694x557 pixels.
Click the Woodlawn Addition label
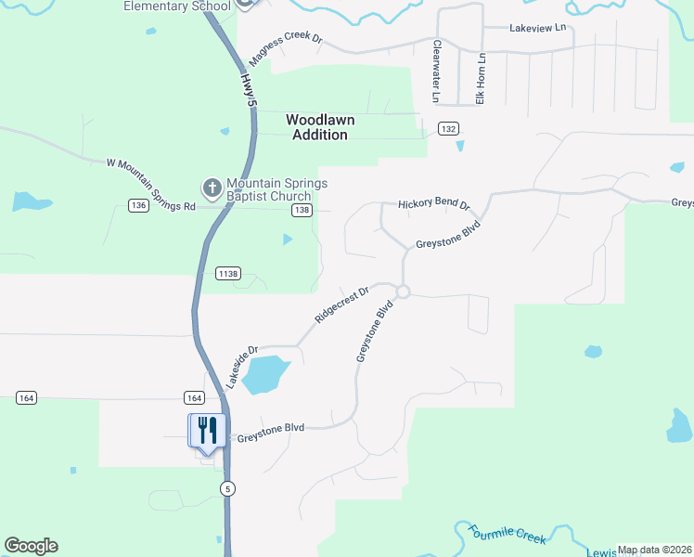[320, 127]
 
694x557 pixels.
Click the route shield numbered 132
[449, 129]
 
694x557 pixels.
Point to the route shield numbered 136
[139, 205]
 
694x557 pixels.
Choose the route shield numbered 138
[301, 211]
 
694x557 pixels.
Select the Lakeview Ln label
[537, 28]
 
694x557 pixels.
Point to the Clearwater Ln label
[434, 71]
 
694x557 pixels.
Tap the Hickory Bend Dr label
[434, 204]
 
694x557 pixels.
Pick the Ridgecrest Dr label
[341, 304]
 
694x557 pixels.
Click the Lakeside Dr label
[239, 367]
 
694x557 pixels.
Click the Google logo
[31, 546]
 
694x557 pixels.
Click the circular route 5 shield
[227, 488]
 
